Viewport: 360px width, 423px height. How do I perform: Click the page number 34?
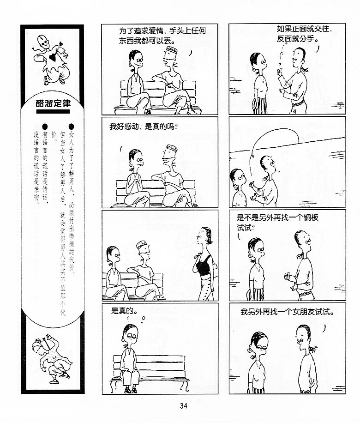183,406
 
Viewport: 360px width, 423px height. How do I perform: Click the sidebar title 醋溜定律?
53,103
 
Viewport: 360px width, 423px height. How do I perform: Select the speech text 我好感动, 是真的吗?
143,127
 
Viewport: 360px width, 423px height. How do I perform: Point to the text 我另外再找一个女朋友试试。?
288,312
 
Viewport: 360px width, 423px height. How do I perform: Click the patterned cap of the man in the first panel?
171,50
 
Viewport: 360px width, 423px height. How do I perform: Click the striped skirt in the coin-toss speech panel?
259,106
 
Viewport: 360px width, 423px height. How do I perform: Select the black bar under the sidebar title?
53,111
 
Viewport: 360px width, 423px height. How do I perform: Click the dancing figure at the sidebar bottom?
52,358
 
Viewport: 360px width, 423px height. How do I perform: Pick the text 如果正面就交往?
303,29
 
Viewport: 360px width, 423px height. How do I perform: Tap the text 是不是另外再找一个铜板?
277,218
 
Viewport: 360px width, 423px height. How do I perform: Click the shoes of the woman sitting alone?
131,390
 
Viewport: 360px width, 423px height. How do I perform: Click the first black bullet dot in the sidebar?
72,127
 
